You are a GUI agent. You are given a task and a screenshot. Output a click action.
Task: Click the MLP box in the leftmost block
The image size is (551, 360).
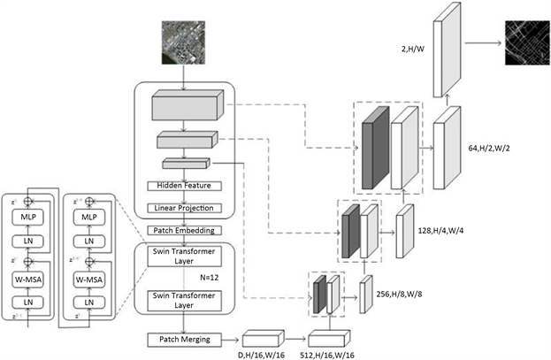coord(26,216)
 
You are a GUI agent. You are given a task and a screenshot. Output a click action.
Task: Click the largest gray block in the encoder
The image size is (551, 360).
coord(183,108)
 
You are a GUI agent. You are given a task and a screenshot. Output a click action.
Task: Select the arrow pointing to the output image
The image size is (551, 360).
coord(481,41)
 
